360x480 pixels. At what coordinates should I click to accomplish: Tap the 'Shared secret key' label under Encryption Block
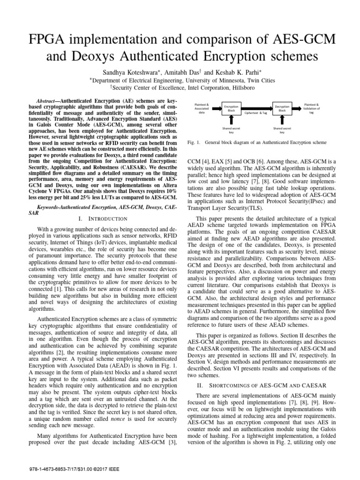tap(230, 130)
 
